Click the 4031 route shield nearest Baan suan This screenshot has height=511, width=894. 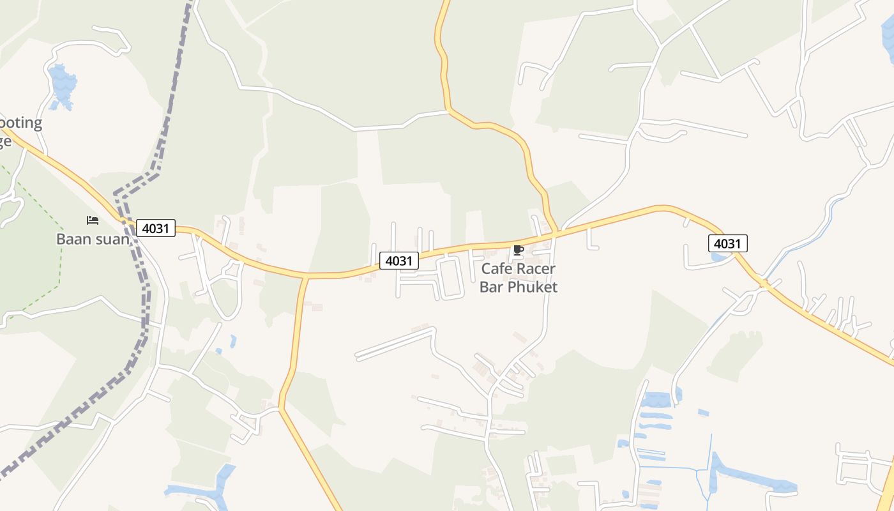pyautogui.click(x=156, y=228)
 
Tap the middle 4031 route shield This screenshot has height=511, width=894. pyautogui.click(x=399, y=261)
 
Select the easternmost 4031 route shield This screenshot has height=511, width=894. pyautogui.click(x=727, y=243)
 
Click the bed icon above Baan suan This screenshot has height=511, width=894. pyautogui.click(x=93, y=220)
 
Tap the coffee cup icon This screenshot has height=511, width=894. pyautogui.click(x=518, y=250)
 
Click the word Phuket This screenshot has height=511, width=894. pyautogui.click(x=533, y=287)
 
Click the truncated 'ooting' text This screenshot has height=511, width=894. pyautogui.click(x=20, y=123)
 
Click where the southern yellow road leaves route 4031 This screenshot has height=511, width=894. pyautogui.click(x=306, y=277)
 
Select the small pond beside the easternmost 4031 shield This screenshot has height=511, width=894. pyautogui.click(x=718, y=257)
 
